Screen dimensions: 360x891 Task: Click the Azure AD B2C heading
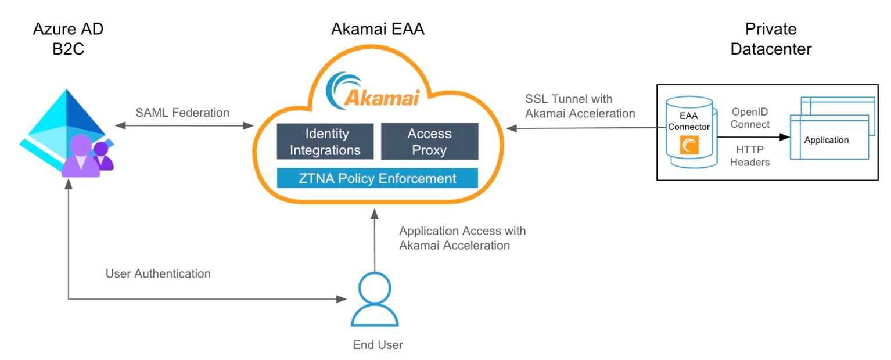pos(68,38)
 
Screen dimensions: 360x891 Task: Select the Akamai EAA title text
pos(378,29)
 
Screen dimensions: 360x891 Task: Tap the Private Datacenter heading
pos(771,38)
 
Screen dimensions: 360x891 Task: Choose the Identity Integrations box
pos(325,142)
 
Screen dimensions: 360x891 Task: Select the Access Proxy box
pos(429,142)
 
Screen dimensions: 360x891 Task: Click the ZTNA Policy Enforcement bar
pos(378,178)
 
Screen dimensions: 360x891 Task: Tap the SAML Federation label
pos(182,113)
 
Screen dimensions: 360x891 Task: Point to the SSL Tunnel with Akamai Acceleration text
pos(580,106)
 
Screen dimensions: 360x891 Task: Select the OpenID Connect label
pos(750,118)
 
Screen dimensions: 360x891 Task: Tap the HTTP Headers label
pos(750,156)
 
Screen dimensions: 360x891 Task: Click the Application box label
pos(826,140)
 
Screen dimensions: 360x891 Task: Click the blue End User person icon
pos(375,300)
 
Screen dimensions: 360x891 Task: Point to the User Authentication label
pos(158,273)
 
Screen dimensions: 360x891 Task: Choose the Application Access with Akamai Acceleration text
pos(462,238)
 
